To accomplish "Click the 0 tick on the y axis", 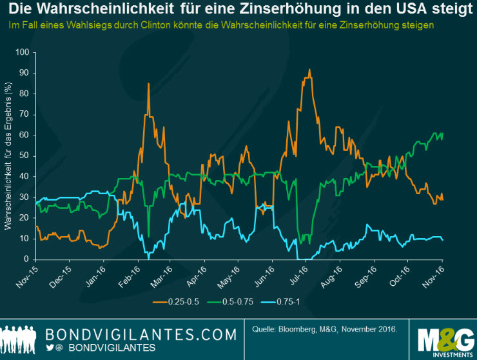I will (27, 259).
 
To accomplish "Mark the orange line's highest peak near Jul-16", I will (309, 70).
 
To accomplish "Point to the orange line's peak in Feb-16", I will (149, 83).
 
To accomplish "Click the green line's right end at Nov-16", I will (443, 134).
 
